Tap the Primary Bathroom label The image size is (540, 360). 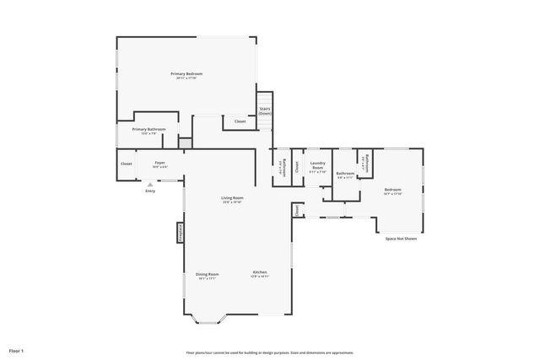[x=148, y=129]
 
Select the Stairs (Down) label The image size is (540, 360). [x=264, y=110]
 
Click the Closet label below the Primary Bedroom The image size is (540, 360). [x=240, y=122]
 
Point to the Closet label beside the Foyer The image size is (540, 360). [x=126, y=164]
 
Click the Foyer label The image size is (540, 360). [x=159, y=163]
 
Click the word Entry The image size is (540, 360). [x=150, y=191]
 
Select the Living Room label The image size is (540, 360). [x=232, y=198]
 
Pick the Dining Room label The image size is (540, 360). [x=208, y=274]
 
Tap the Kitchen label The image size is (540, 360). [x=260, y=271]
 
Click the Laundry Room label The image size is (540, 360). [x=317, y=165]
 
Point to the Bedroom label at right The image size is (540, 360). [x=393, y=190]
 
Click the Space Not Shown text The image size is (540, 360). [x=401, y=239]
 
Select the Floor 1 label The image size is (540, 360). [x=17, y=350]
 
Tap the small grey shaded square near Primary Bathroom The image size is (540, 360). [x=186, y=144]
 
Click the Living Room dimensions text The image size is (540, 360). [x=232, y=203]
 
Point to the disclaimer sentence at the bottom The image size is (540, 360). [x=270, y=352]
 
